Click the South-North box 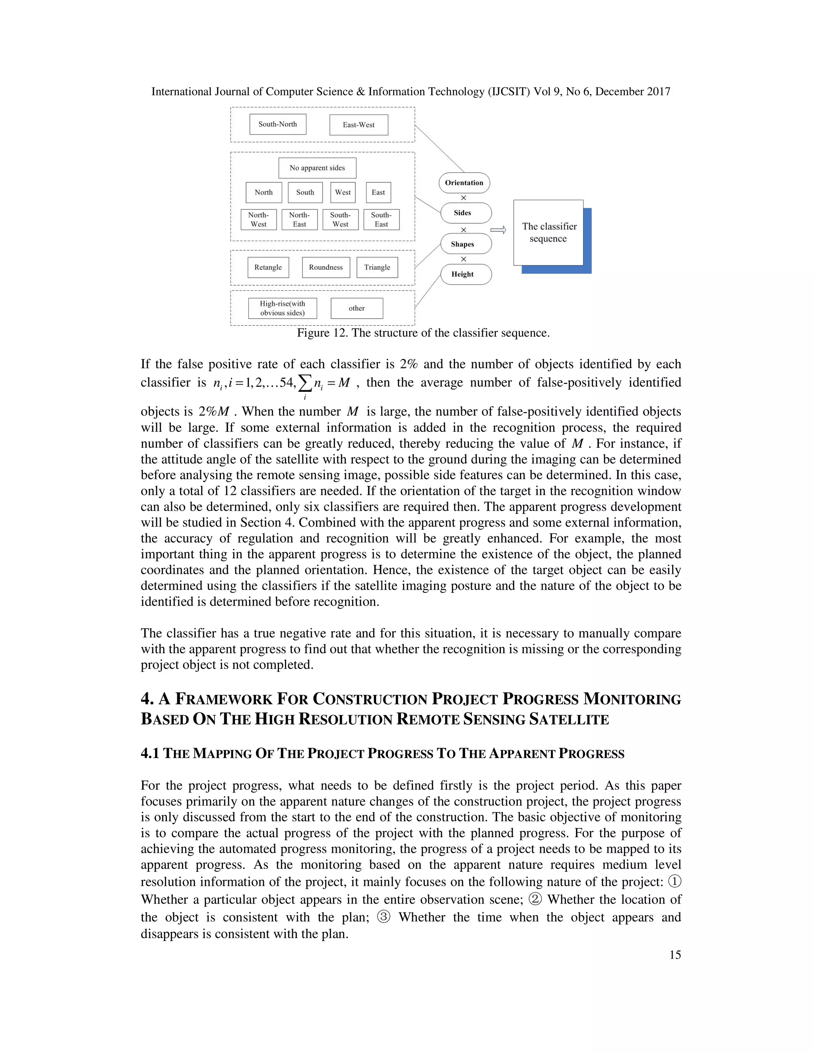(x=278, y=124)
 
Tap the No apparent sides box (x=317, y=168)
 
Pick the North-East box (x=299, y=219)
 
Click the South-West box (x=341, y=219)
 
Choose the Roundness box (x=326, y=267)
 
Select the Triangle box (x=377, y=267)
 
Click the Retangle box (x=268, y=267)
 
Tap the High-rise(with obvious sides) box (x=283, y=308)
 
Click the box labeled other (x=357, y=308)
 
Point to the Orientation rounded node (x=464, y=183)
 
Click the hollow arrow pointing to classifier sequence (x=498, y=230)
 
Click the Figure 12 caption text (x=423, y=333)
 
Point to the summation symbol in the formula (x=305, y=383)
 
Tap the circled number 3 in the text (x=384, y=917)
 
